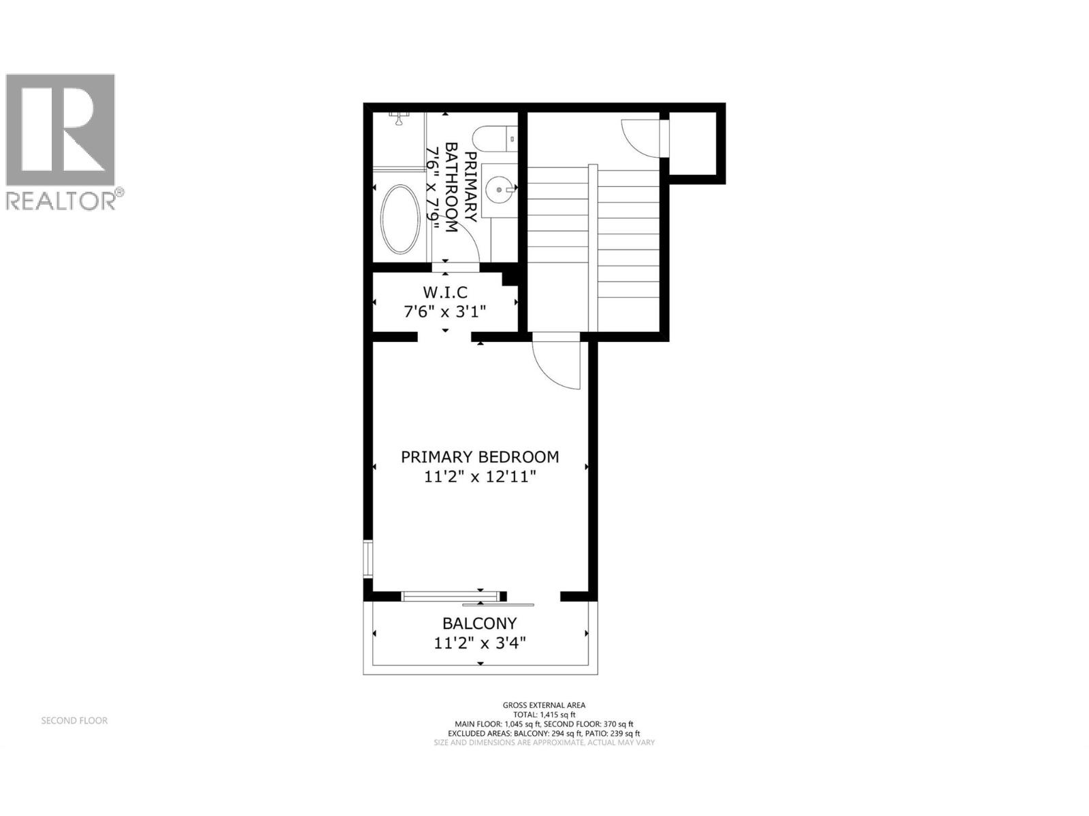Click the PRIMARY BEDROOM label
(480, 457)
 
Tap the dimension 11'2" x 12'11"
(480, 477)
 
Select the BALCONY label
(480, 623)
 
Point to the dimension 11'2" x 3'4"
(480, 643)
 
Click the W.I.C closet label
(445, 292)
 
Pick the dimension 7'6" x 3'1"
(445, 312)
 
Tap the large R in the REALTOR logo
(61, 129)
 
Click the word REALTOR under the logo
(61, 201)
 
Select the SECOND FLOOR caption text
(74, 720)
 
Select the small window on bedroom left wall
(368, 558)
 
